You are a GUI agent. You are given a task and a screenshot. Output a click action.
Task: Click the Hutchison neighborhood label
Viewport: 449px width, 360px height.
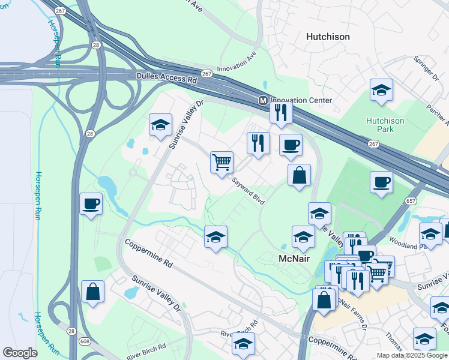pos(328,37)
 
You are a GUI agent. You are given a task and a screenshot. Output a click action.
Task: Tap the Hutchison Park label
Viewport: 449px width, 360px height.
pos(385,125)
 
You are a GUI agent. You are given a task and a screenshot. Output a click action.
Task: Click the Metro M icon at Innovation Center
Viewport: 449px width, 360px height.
pos(262,100)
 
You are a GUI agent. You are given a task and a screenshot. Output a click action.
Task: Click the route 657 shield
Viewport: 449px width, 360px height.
pos(411,202)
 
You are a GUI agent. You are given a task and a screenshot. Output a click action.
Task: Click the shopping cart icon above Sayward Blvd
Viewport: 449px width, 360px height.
pos(221,161)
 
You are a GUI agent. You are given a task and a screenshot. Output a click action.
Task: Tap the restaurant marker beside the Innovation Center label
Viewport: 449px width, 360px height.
pos(280,112)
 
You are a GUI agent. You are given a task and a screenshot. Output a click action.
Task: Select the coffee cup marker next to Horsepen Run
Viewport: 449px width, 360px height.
pos(91,203)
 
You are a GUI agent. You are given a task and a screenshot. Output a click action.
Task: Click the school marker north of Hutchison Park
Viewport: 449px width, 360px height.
pos(381,90)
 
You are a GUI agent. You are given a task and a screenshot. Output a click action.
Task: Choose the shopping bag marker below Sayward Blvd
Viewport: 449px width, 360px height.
pos(299,175)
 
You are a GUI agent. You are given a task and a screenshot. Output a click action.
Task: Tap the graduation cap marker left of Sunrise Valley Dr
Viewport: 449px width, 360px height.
pos(160,125)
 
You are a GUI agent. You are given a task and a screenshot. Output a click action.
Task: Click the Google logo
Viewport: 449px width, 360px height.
pos(20,353)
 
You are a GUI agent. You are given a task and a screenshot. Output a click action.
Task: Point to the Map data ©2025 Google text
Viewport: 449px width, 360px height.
pos(412,355)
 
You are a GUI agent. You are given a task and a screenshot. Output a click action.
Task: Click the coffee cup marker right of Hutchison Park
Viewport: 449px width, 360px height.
pos(381,181)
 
